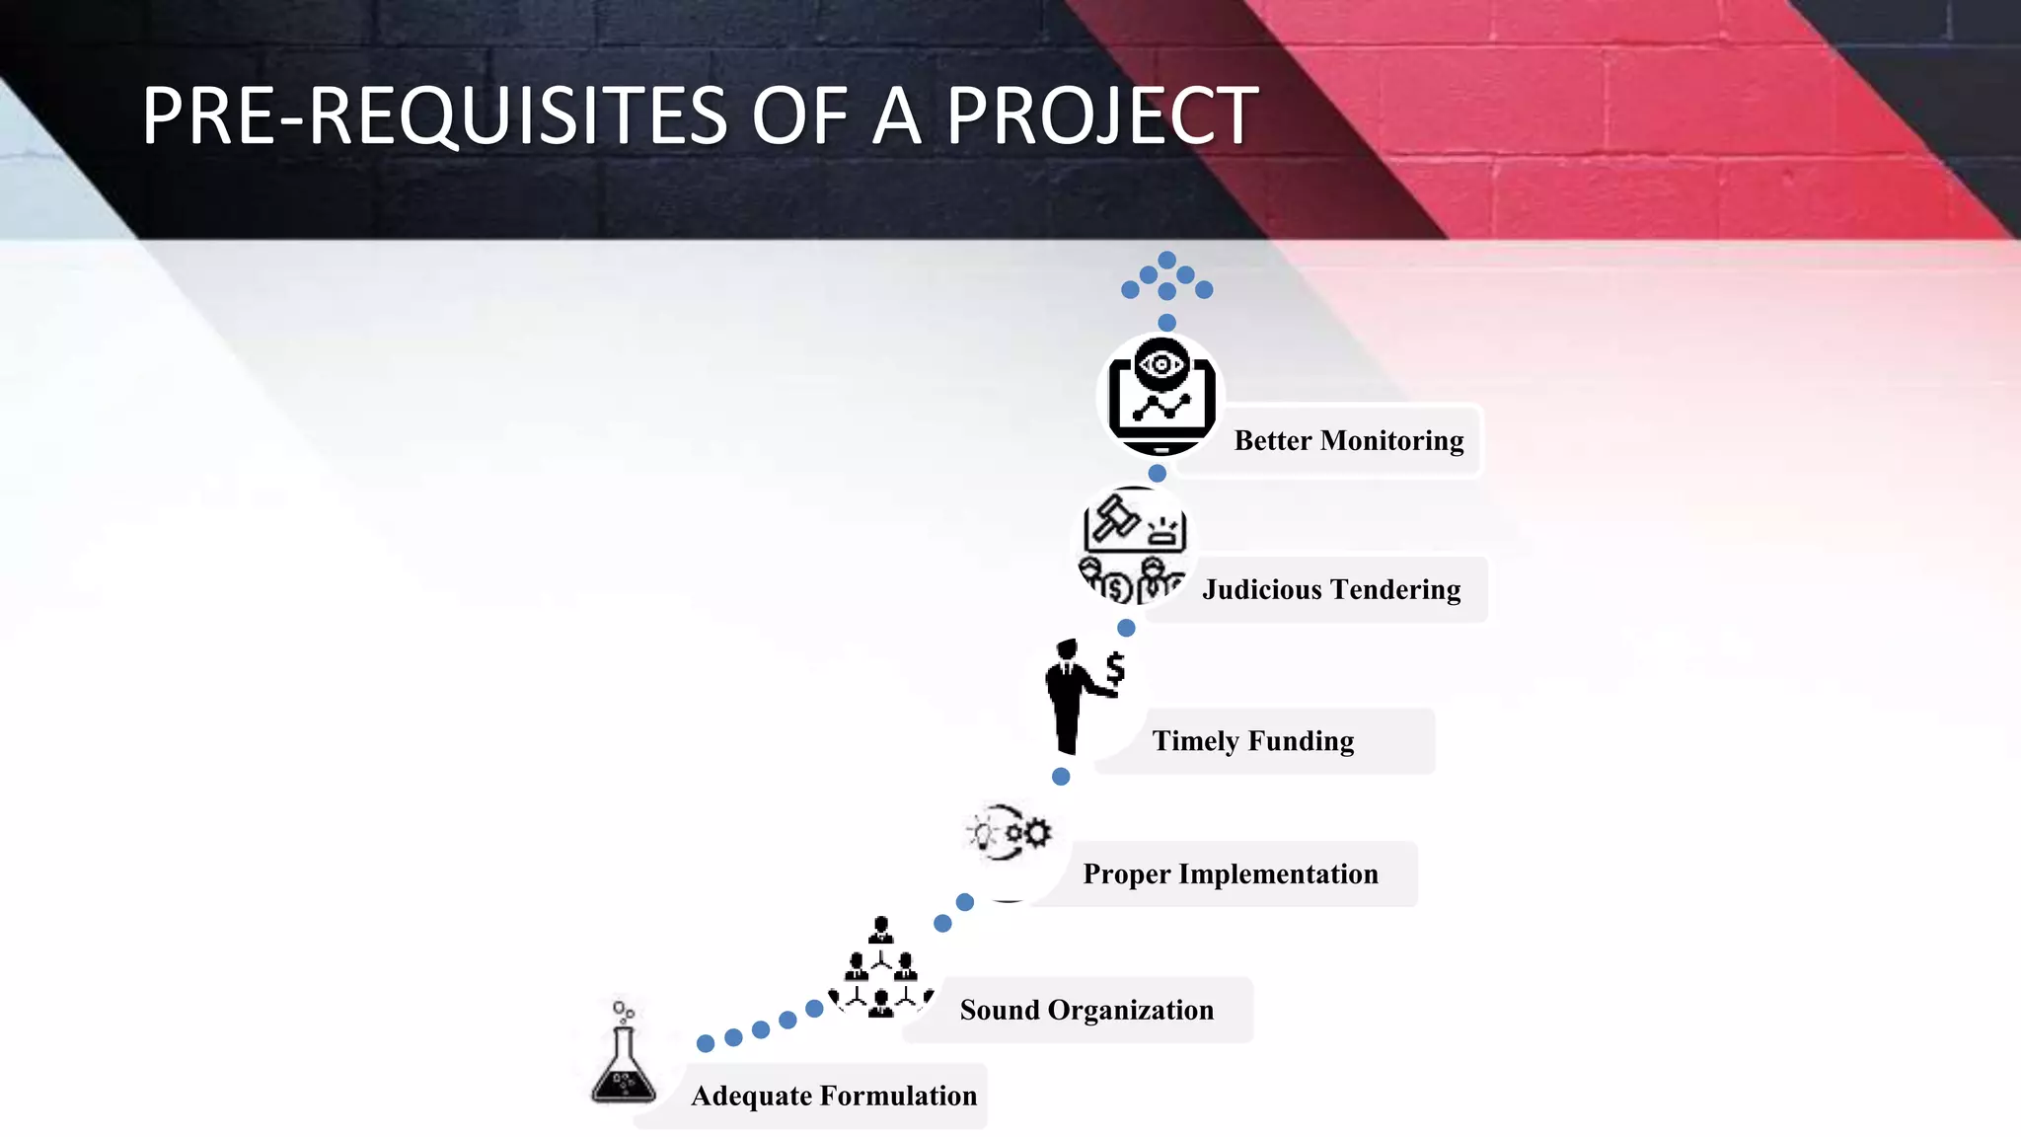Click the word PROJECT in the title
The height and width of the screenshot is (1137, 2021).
click(x=1101, y=116)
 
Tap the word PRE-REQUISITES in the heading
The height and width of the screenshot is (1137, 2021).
click(x=434, y=116)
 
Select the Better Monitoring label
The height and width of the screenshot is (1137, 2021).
click(x=1348, y=440)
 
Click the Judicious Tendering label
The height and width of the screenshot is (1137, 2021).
click(x=1330, y=589)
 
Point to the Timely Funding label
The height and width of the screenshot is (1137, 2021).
click(x=1252, y=740)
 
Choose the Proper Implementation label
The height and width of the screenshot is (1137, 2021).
click(x=1230, y=873)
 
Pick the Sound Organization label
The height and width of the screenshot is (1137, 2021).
click(x=1085, y=1010)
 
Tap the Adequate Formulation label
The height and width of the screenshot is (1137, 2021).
click(x=833, y=1096)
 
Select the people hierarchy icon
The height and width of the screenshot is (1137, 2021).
click(x=880, y=970)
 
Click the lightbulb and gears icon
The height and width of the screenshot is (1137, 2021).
click(x=1009, y=833)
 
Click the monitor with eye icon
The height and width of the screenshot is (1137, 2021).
click(x=1160, y=396)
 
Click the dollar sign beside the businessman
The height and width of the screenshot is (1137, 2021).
click(x=1115, y=668)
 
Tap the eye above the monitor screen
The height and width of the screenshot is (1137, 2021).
click(x=1161, y=364)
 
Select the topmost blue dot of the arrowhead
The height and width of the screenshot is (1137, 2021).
click(x=1166, y=260)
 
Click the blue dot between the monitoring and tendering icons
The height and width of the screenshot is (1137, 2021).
click(x=1157, y=474)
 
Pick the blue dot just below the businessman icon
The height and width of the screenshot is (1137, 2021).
click(x=1061, y=777)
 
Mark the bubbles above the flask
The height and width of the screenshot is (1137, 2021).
click(x=623, y=1010)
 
